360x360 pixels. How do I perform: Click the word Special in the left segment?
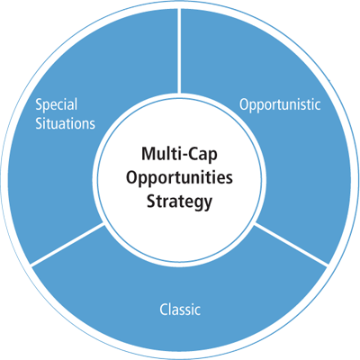pos(57,105)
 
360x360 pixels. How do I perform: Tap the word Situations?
pos(66,123)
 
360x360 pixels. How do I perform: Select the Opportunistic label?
pos(280,105)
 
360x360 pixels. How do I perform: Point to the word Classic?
pos(180,309)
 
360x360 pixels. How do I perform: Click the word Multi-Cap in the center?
pos(179,154)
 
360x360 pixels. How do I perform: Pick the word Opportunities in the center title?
pos(179,178)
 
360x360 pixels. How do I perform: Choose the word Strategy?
pos(179,202)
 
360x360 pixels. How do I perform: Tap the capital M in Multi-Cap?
pos(148,154)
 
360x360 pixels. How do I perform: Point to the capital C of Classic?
pos(164,310)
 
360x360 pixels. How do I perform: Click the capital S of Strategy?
pos(151,202)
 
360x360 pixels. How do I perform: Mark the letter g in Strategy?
pos(198,203)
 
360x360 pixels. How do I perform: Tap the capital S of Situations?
pos(40,123)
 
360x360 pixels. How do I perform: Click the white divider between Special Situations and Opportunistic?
pos(179,50)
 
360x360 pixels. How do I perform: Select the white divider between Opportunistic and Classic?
pos(291,244)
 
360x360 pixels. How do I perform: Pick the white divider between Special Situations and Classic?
pos(67,244)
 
